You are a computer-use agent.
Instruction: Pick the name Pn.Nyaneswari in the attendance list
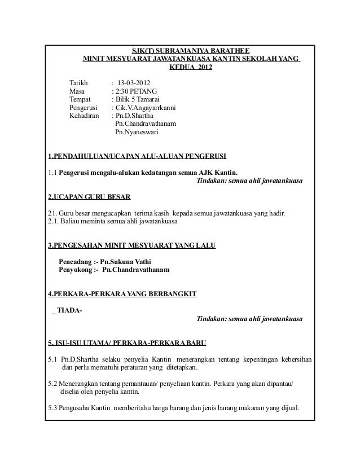coord(137,133)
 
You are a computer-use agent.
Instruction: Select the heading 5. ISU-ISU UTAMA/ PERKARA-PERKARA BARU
coord(127,343)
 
